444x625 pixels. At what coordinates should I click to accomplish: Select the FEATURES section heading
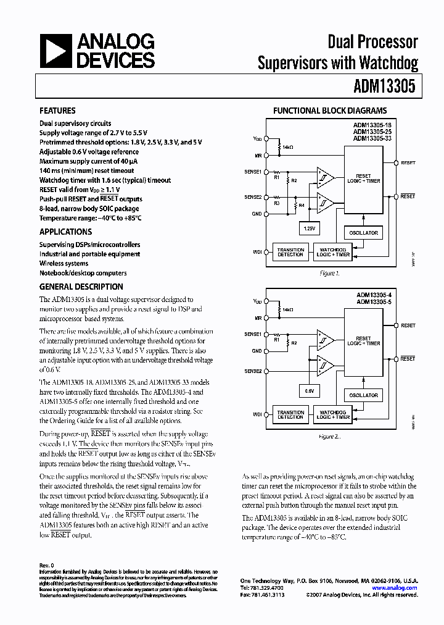57,111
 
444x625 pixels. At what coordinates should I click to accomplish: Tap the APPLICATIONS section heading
65,232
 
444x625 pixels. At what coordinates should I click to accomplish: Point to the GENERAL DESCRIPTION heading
81,287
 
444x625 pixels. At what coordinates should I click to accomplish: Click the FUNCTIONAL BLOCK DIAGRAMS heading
330,111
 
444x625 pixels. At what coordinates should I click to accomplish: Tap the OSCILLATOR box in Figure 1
363,232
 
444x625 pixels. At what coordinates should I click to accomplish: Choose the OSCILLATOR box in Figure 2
363,395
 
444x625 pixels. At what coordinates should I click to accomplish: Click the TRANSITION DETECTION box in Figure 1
290,252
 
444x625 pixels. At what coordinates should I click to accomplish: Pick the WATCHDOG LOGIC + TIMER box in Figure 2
333,414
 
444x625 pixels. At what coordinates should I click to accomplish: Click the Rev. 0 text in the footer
47,565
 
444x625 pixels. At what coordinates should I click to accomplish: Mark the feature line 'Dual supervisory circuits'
75,124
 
